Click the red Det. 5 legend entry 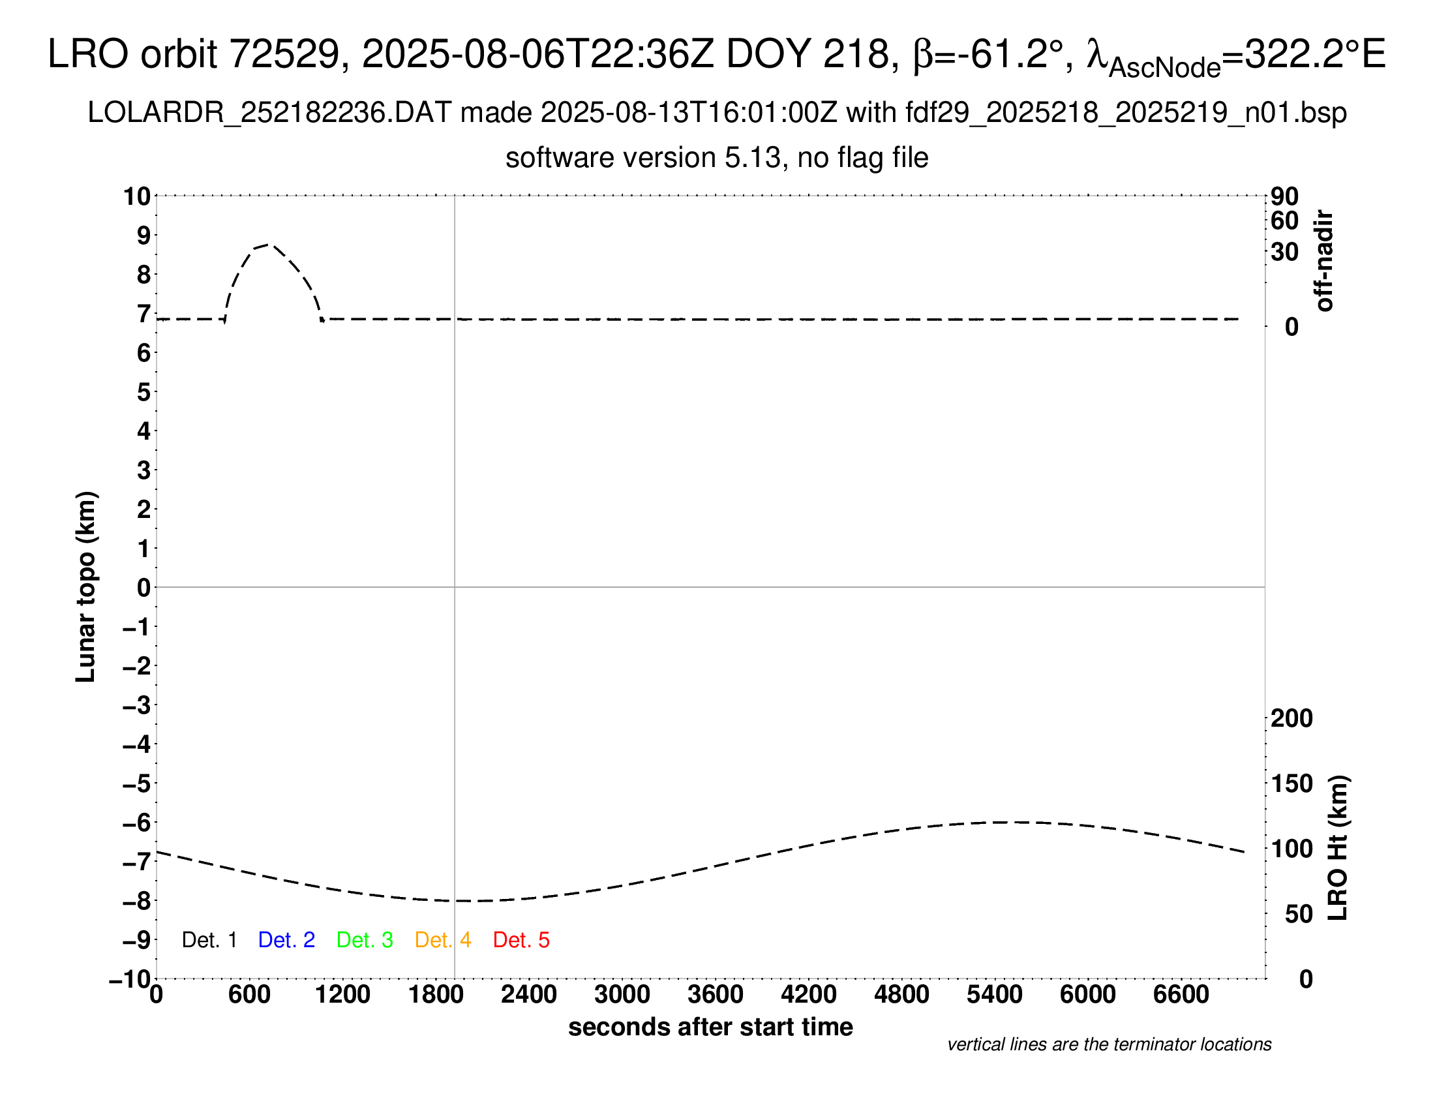click(521, 940)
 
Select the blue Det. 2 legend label click(286, 940)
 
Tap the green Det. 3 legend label click(365, 940)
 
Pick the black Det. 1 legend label click(209, 940)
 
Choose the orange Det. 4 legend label click(443, 940)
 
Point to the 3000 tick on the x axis click(622, 995)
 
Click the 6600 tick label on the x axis click(1181, 995)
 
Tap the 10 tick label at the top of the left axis click(138, 196)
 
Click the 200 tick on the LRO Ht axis click(1291, 718)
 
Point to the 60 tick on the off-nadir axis click(1284, 220)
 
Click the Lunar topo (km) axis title click(86, 586)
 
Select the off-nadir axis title click(1324, 260)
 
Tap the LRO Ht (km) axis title click(1338, 848)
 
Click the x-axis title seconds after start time click(710, 1027)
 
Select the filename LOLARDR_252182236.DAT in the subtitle click(269, 113)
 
